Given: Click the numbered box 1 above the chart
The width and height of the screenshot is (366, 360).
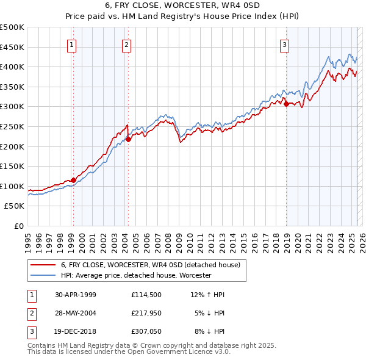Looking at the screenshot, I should [73, 44].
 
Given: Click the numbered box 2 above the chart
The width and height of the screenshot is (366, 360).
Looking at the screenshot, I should [126, 44].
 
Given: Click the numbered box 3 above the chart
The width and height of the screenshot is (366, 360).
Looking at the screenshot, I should [284, 44].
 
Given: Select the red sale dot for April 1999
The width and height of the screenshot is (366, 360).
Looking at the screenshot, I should [73, 180].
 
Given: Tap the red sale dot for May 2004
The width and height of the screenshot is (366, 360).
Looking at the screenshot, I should [129, 139].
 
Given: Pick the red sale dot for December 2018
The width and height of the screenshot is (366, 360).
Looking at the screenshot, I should [286, 104].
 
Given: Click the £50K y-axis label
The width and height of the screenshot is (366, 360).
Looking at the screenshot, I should [15, 206].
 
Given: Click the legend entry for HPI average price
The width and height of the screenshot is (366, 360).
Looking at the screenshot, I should [135, 276].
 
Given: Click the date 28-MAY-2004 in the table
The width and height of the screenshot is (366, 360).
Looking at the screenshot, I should [75, 314].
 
